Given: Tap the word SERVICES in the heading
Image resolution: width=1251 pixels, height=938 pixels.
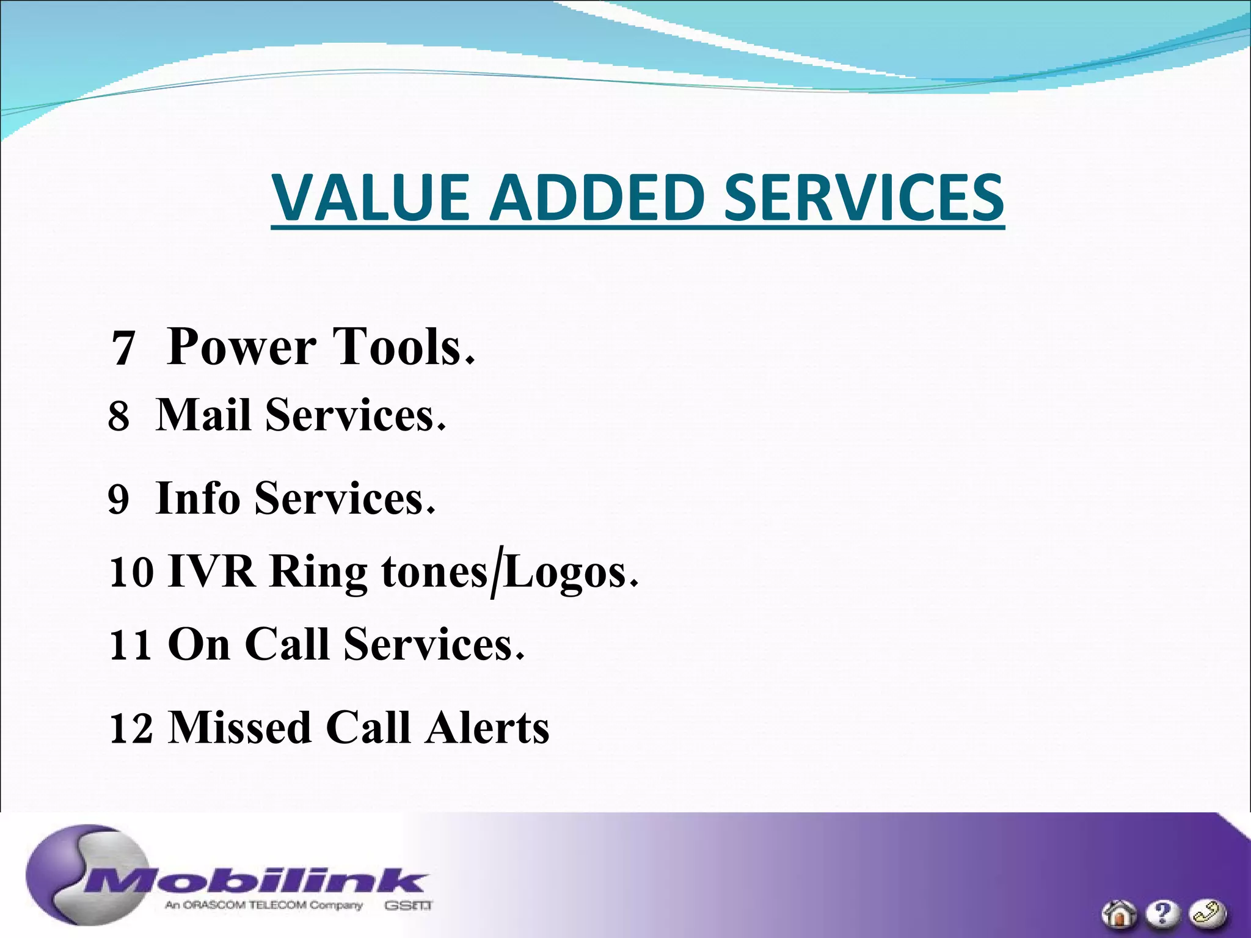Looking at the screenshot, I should [863, 197].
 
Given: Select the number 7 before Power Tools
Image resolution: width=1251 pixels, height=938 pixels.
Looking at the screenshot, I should [123, 349].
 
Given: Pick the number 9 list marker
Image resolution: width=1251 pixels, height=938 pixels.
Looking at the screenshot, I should [119, 499].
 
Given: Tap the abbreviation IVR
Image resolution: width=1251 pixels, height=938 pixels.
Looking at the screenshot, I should [211, 572].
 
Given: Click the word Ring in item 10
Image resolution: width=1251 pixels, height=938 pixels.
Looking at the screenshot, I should [318, 573].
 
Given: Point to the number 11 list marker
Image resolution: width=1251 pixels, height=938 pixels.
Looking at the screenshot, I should [130, 645].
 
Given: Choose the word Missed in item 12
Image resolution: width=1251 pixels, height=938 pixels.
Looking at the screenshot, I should [239, 728].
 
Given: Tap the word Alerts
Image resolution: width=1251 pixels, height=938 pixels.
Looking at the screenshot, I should [487, 728].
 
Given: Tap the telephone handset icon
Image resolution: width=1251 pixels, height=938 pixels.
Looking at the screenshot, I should [1207, 914].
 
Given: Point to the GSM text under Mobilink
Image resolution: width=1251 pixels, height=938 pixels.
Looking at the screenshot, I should [408, 906].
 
